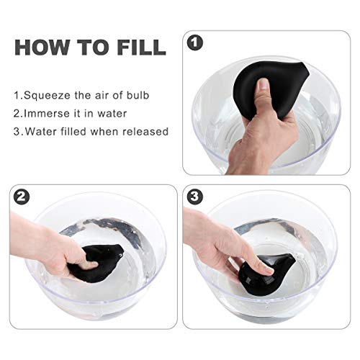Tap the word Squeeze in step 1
(45, 94)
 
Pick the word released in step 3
(147, 131)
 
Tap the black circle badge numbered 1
(194, 42)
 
